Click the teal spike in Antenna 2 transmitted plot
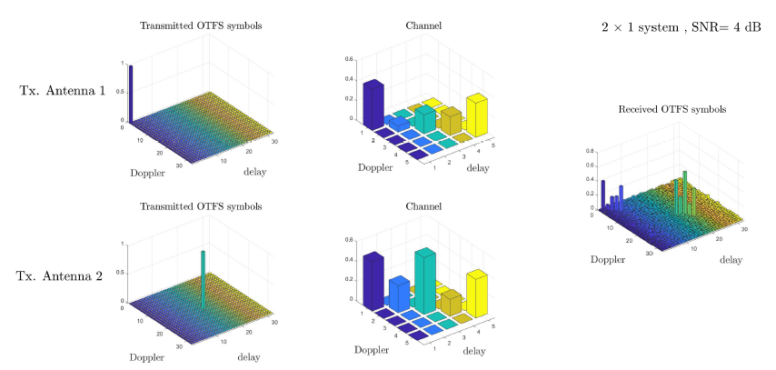204,282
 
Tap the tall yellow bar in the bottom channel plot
477,293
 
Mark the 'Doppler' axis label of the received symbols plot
608,260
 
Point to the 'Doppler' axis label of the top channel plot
374,167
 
